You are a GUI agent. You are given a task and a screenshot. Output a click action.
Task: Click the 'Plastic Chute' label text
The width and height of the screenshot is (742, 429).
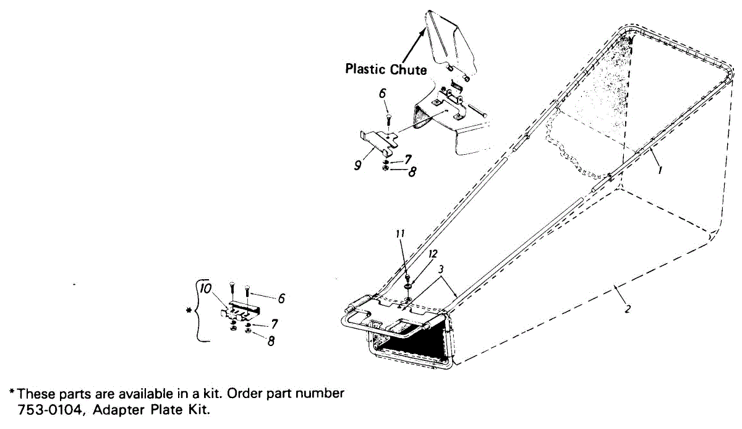[x=386, y=69]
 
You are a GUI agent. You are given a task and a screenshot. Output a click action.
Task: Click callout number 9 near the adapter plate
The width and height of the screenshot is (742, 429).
[x=357, y=165]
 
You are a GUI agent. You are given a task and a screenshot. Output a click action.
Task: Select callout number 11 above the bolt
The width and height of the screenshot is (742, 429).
[x=400, y=234]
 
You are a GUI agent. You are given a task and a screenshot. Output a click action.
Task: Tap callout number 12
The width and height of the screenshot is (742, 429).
[x=433, y=254]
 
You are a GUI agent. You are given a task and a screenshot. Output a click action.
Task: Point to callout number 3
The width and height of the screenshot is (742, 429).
[x=441, y=269]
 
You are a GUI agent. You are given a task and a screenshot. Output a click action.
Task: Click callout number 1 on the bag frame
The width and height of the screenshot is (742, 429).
[x=660, y=170]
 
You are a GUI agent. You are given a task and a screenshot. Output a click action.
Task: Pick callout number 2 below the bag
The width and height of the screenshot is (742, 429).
[x=628, y=309]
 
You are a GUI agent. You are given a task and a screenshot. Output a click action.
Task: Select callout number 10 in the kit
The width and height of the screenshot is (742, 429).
[x=205, y=288]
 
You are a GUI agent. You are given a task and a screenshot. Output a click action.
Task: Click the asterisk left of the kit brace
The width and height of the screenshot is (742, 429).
[x=189, y=311]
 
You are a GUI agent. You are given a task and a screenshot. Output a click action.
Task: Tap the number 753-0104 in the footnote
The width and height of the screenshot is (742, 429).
[x=49, y=410]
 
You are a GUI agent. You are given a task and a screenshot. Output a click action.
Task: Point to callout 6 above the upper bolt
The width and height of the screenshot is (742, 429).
[x=383, y=93]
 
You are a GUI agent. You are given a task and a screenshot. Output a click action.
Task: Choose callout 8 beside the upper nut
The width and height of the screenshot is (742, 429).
[x=412, y=171]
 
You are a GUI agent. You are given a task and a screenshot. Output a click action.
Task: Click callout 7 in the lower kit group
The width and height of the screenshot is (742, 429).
[x=275, y=324]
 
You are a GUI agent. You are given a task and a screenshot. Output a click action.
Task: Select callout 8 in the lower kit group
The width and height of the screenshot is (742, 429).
[x=271, y=341]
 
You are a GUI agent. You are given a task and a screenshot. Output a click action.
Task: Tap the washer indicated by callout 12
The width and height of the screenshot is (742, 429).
[x=407, y=285]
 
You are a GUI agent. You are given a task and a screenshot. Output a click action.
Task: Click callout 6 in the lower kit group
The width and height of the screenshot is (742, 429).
[x=281, y=298]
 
